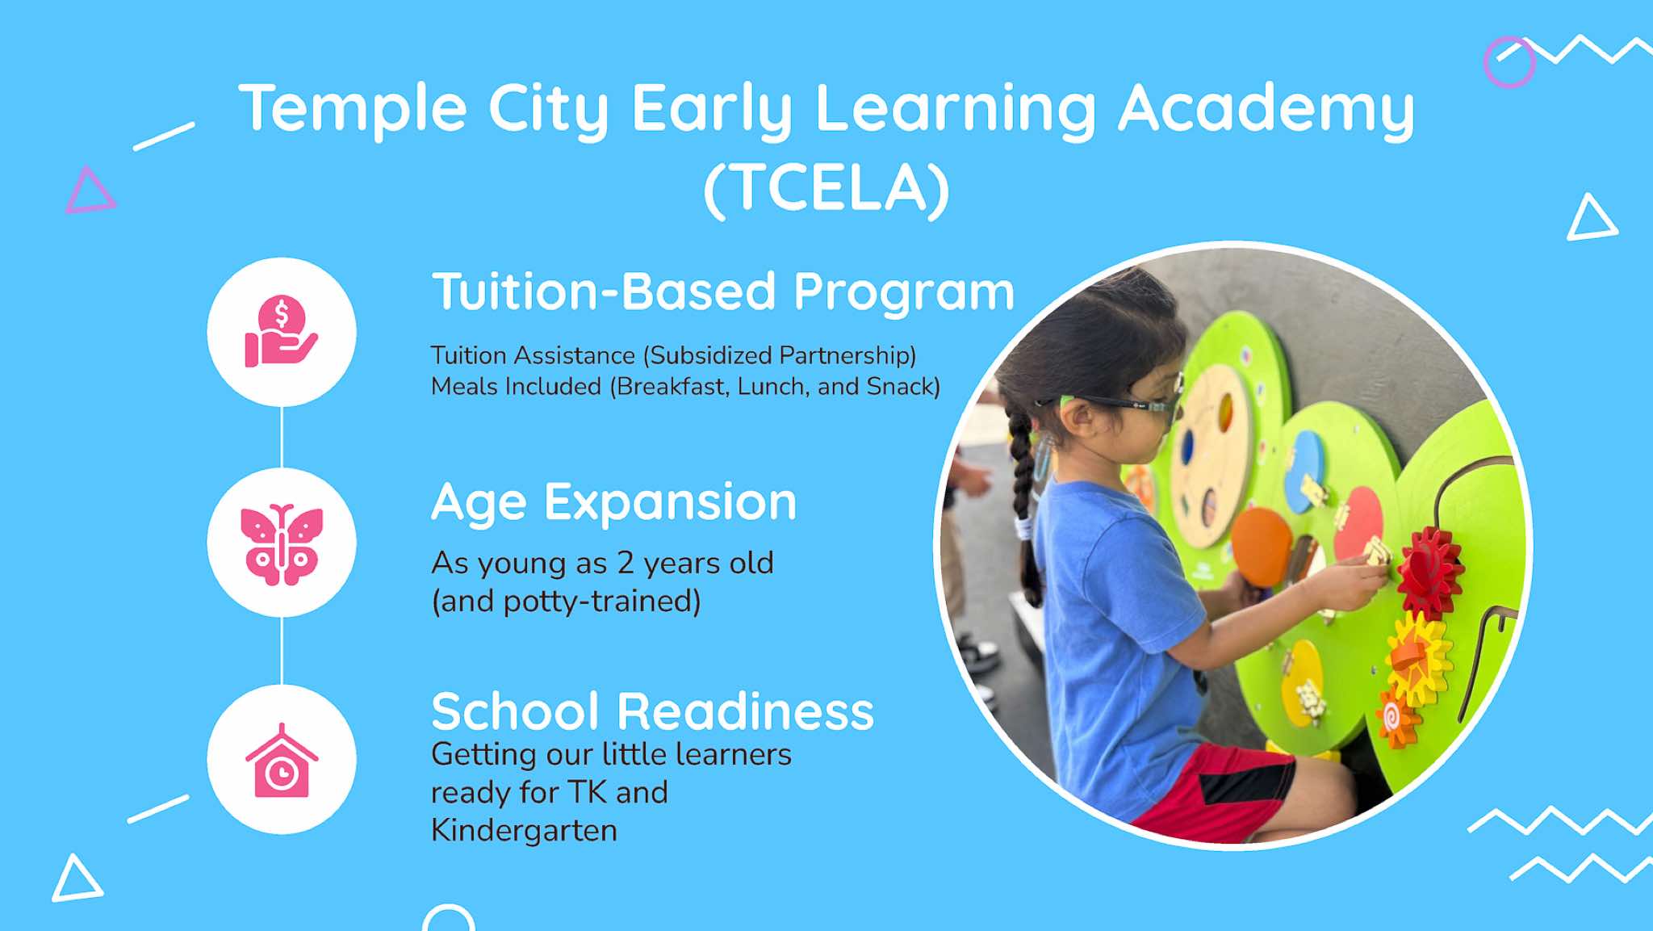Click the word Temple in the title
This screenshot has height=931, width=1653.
(x=353, y=109)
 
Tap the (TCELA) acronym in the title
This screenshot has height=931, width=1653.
(x=827, y=190)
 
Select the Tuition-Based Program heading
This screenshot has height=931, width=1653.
(x=723, y=292)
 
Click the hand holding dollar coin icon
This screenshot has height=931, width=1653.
(x=281, y=331)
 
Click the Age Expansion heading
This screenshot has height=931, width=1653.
(x=614, y=504)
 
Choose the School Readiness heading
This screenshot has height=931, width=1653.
(x=653, y=711)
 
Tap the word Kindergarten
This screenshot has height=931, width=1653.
(x=524, y=830)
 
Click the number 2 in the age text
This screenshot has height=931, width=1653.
(x=625, y=563)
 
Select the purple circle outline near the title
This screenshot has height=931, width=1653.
(x=1509, y=62)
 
